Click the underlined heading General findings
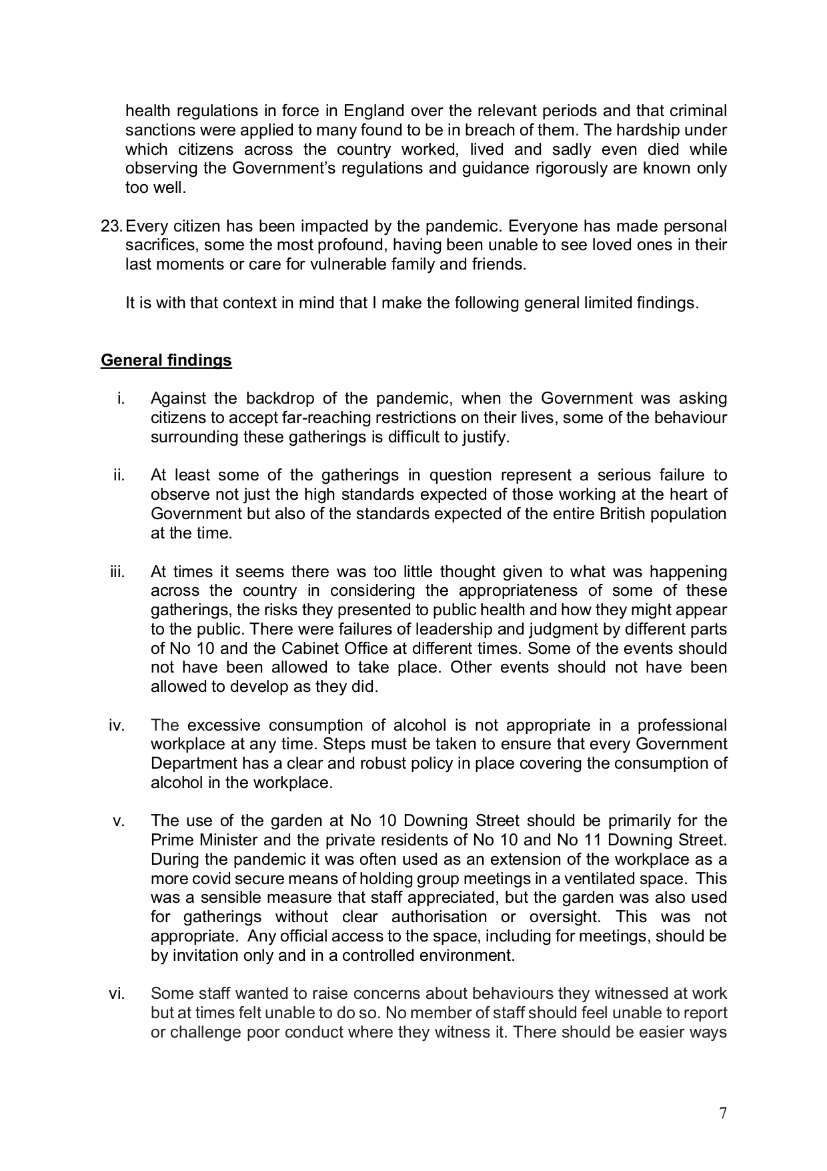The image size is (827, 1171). [166, 360]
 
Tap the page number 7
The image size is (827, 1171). [723, 1113]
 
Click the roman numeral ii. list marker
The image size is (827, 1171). [119, 475]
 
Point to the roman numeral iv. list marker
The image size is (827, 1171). [117, 725]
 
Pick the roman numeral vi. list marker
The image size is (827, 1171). [117, 994]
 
